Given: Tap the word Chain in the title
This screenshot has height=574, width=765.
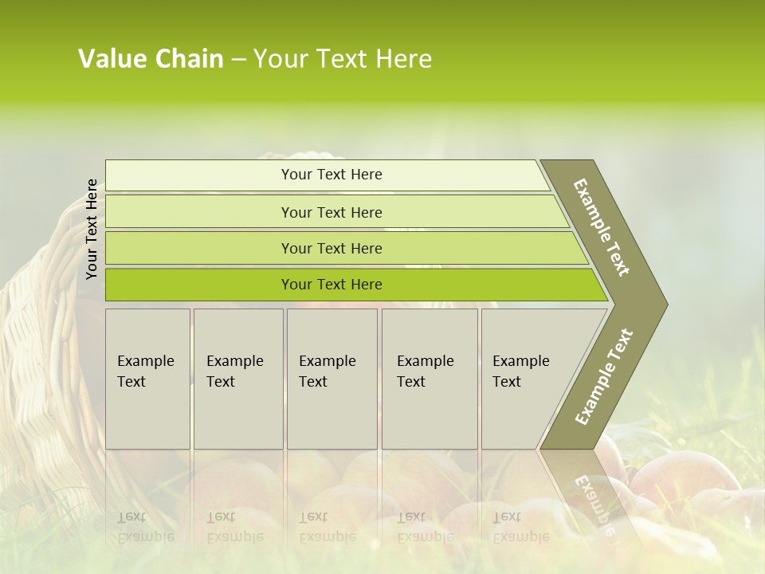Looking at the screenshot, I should tap(189, 59).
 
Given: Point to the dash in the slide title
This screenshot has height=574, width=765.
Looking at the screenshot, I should tap(238, 60).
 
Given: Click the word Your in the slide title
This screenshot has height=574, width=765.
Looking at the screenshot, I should tap(278, 59).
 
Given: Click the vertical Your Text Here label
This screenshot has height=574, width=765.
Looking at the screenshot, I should tap(92, 229).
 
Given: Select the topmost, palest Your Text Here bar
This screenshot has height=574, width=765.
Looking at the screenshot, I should tap(331, 175).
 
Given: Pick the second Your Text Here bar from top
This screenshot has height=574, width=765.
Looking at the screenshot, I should tap(331, 212).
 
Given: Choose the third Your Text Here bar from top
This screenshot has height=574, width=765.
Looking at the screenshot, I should tap(331, 248).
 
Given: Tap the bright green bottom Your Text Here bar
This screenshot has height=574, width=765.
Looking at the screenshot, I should tap(331, 285).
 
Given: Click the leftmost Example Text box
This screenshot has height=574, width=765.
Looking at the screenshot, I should tap(147, 378).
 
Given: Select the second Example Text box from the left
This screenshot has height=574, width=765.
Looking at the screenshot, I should tap(237, 378).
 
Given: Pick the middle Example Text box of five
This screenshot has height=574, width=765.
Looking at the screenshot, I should tap(331, 378).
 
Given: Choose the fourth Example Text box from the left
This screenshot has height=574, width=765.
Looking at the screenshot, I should tap(429, 378).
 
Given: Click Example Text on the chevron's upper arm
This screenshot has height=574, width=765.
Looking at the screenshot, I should tap(602, 227).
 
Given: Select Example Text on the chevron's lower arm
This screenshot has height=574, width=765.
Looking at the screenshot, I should tap(604, 376).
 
